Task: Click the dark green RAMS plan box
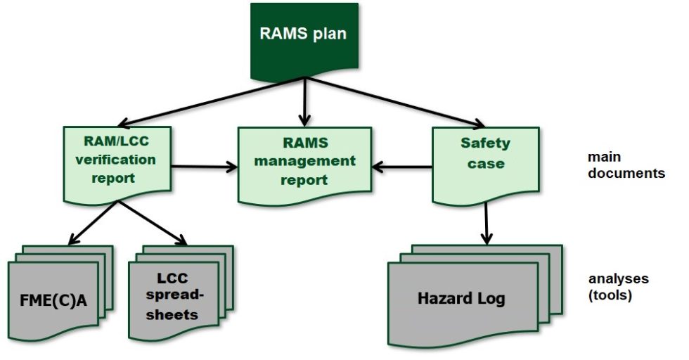[304, 39]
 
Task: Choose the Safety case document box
[485, 158]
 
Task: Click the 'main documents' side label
[626, 165]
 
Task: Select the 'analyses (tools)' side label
[618, 287]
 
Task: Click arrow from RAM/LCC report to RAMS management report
[204, 167]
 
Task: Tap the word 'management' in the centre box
[304, 161]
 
